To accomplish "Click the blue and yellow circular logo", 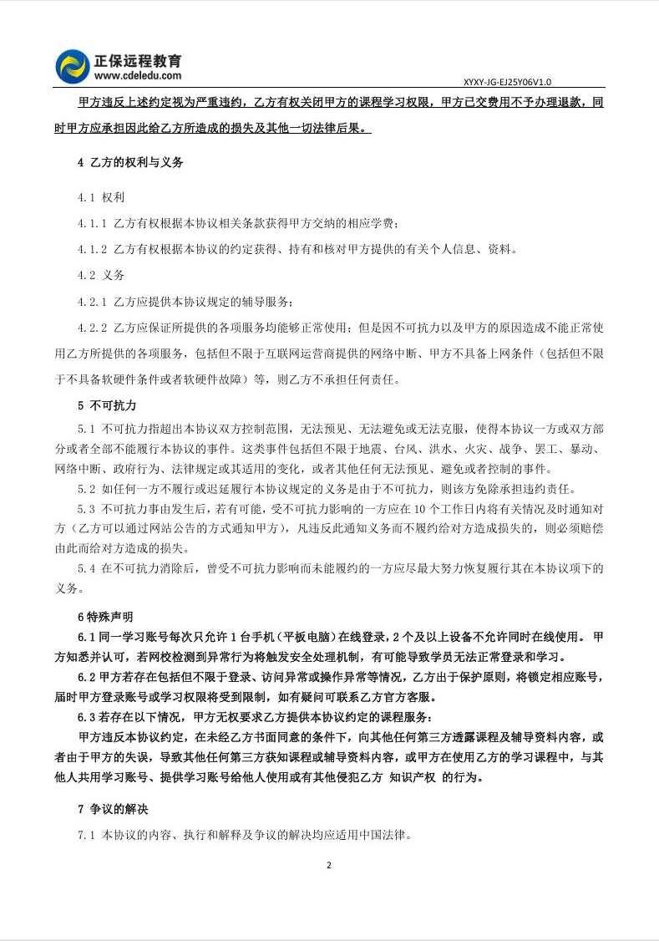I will pyautogui.click(x=73, y=68).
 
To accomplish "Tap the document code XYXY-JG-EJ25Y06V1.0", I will pyautogui.click(x=507, y=82).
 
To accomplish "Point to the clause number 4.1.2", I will pyautogui.click(x=92, y=249).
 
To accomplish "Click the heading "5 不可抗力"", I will pyautogui.click(x=106, y=405).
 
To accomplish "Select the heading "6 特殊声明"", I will pyautogui.click(x=104, y=617).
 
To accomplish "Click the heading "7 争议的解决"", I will pyautogui.click(x=113, y=809).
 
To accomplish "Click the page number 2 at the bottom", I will pyautogui.click(x=329, y=865).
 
